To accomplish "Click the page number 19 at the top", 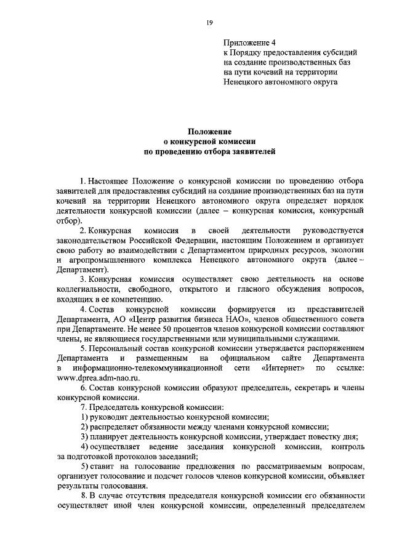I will coord(209,23).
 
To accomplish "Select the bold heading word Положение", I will coord(209,131).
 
